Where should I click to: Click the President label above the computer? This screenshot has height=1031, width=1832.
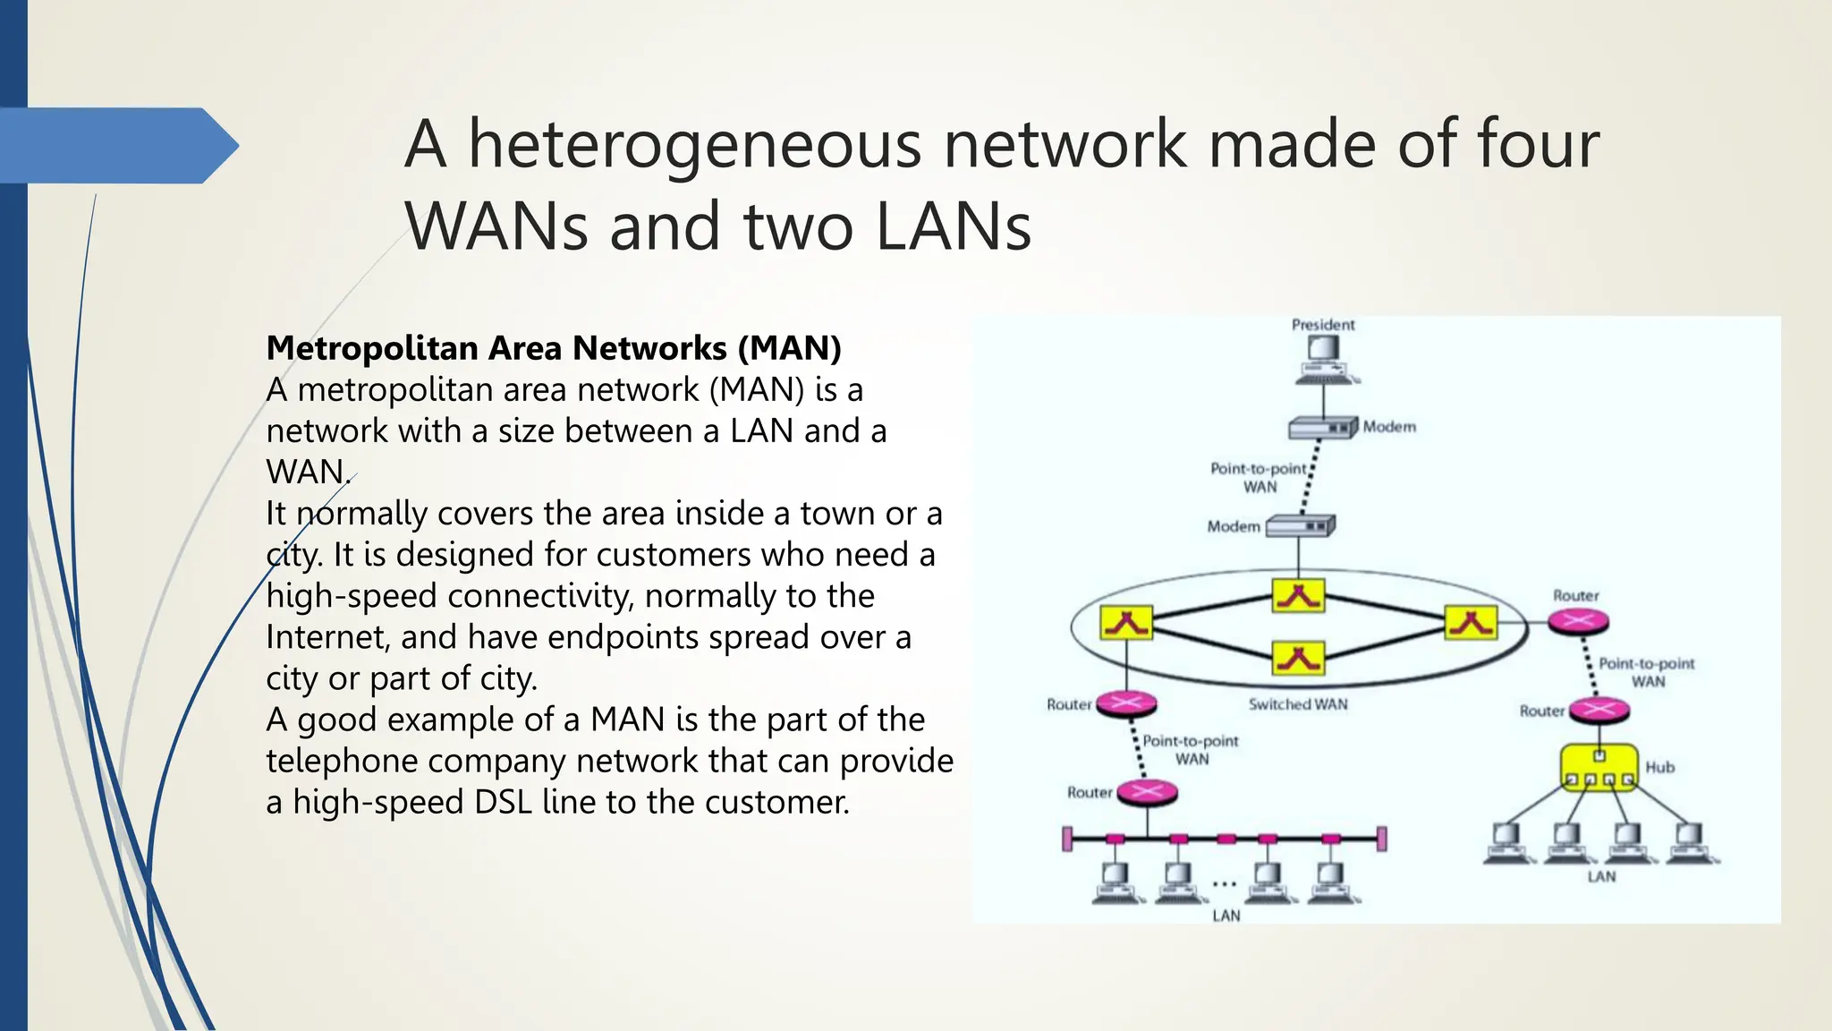tap(1323, 325)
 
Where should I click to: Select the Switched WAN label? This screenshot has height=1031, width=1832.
tap(1298, 704)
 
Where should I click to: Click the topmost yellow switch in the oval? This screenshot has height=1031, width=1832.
tap(1298, 596)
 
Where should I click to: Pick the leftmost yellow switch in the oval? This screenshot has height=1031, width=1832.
tap(1126, 622)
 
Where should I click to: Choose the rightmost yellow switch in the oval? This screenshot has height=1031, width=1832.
tap(1470, 621)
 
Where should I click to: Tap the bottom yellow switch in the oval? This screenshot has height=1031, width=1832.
tap(1298, 659)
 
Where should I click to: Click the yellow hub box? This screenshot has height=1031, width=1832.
tap(1599, 767)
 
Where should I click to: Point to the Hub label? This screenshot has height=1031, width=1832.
tap(1659, 767)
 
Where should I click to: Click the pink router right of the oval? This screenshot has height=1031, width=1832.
tap(1579, 620)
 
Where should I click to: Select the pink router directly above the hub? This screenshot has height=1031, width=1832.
tap(1599, 711)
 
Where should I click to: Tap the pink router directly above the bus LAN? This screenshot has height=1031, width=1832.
tap(1147, 792)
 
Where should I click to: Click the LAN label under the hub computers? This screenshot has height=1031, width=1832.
tap(1601, 876)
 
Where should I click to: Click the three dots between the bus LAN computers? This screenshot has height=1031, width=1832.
tap(1224, 884)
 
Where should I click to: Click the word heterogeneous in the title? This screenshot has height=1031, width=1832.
tap(694, 144)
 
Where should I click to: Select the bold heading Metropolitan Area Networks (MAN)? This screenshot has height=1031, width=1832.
tap(554, 348)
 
